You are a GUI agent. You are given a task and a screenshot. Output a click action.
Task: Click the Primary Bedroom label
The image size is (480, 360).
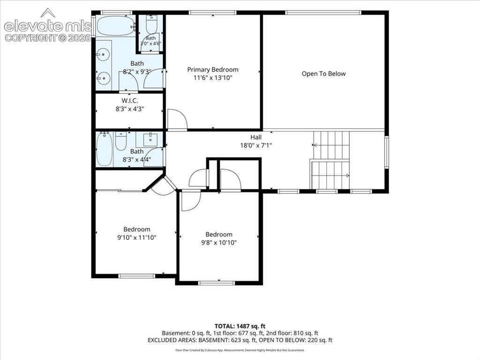click(213, 69)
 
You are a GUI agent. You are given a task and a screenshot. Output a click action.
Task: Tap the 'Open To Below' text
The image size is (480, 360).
click(323, 74)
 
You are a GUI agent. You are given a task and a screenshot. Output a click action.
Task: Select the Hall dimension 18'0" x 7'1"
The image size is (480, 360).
click(256, 145)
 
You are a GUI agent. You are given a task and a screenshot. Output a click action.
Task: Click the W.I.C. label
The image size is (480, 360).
click(130, 100)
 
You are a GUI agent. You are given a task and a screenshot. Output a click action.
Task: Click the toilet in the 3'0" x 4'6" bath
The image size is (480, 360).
click(151, 24)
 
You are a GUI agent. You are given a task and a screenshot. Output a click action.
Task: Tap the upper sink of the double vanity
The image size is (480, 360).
click(103, 55)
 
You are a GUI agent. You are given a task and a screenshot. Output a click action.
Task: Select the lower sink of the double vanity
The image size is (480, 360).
click(103, 78)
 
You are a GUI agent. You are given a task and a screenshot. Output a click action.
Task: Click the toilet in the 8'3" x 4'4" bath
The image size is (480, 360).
click(120, 141)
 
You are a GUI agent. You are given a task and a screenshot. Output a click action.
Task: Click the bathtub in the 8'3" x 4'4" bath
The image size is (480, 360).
click(105, 150)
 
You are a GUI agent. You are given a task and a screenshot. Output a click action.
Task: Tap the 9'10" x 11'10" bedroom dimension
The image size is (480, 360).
click(137, 237)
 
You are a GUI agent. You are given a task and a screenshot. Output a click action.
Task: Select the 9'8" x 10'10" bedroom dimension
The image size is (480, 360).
click(219, 242)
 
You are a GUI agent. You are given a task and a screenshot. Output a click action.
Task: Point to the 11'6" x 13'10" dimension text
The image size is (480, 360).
click(213, 78)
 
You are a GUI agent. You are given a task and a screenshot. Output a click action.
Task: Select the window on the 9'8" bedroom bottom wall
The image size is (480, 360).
click(217, 283)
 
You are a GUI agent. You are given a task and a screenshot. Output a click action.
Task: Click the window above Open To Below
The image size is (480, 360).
click(323, 13)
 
